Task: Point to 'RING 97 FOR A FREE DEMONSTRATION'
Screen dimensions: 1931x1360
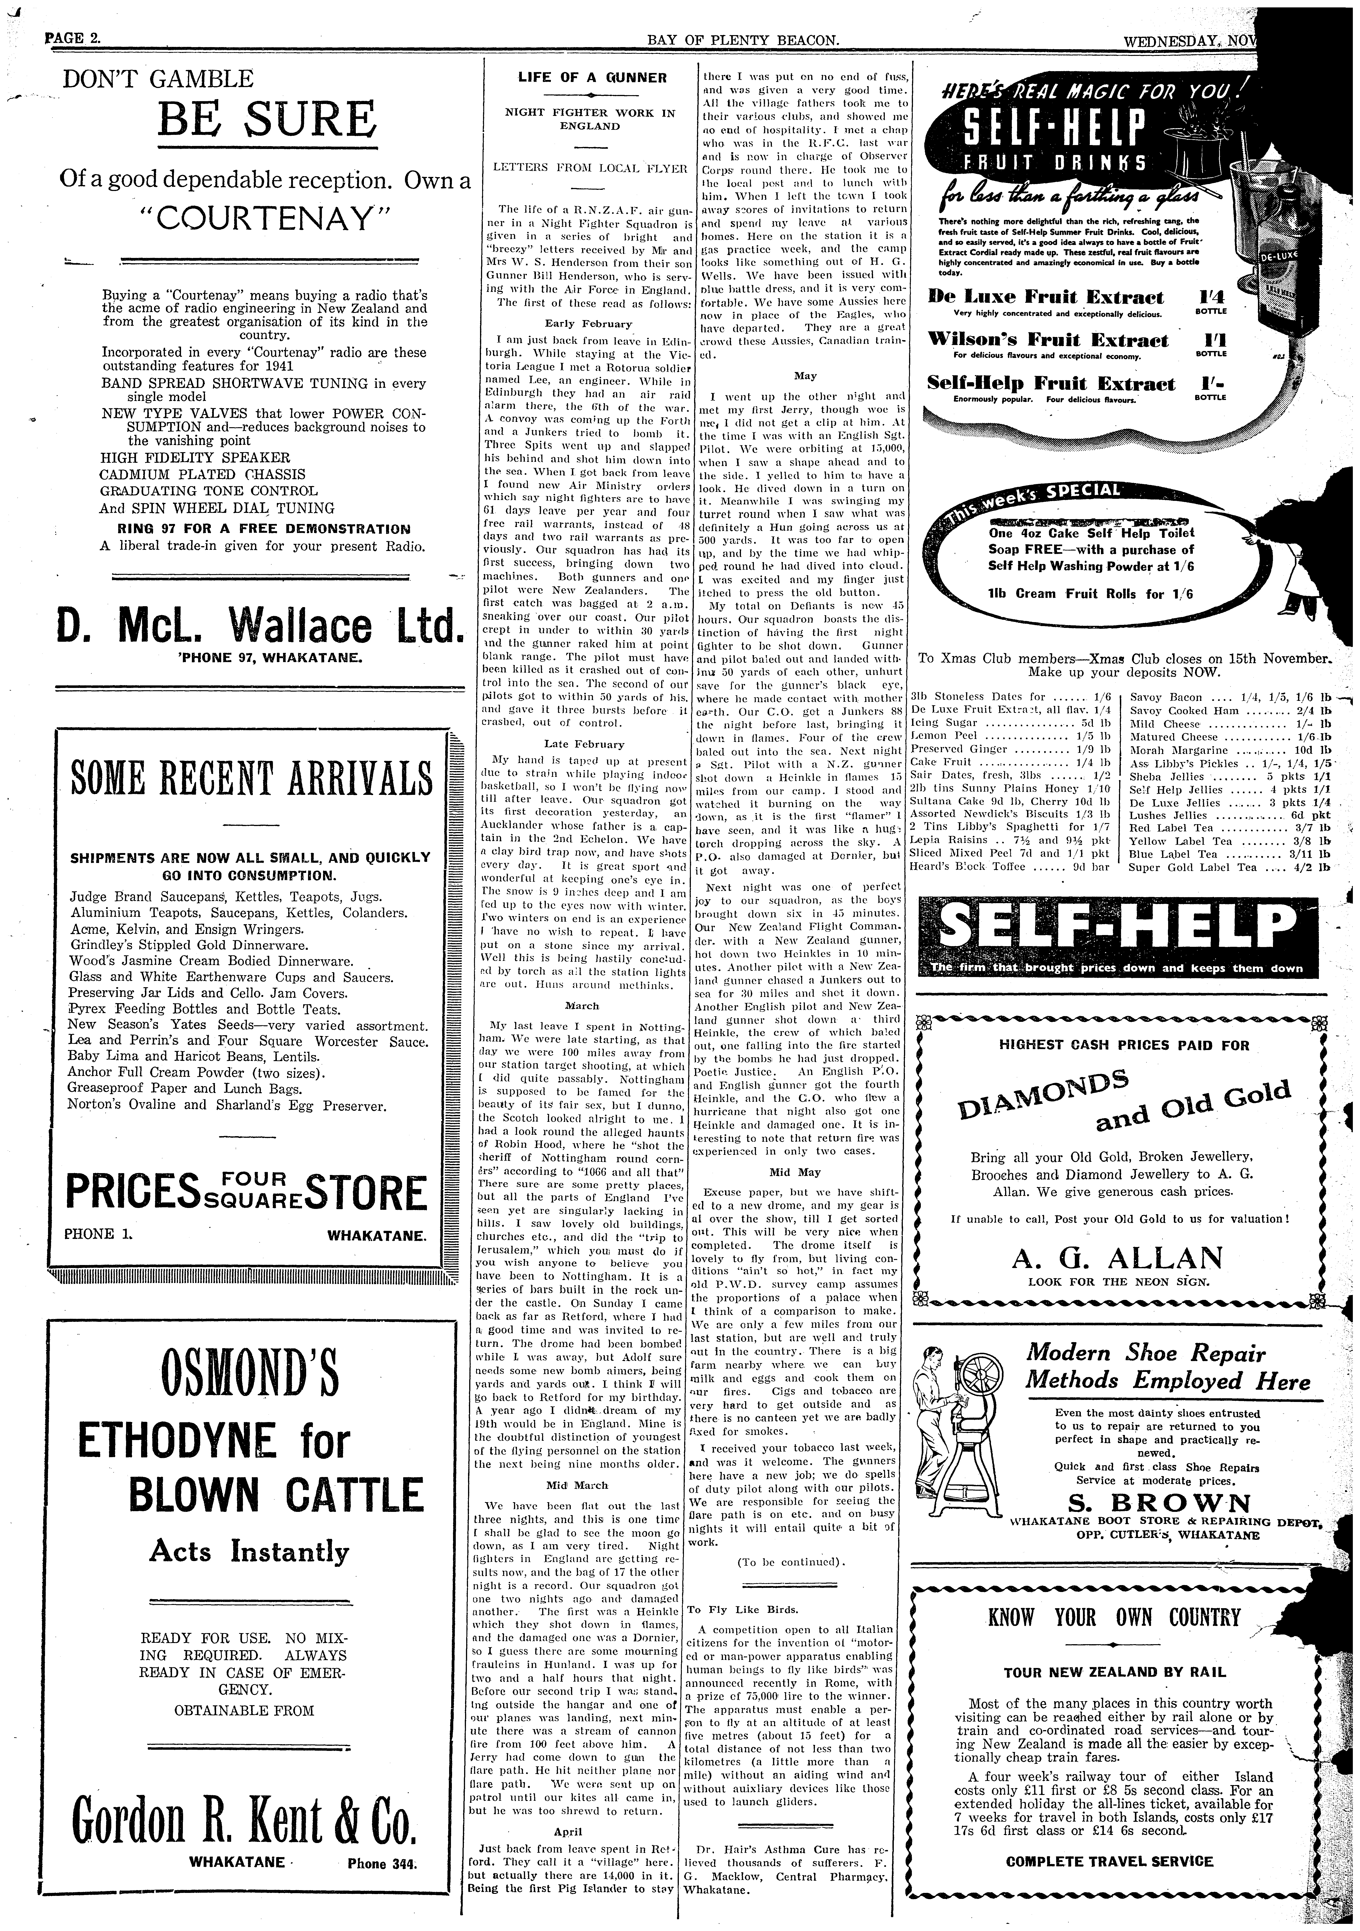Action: pyautogui.click(x=264, y=529)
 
